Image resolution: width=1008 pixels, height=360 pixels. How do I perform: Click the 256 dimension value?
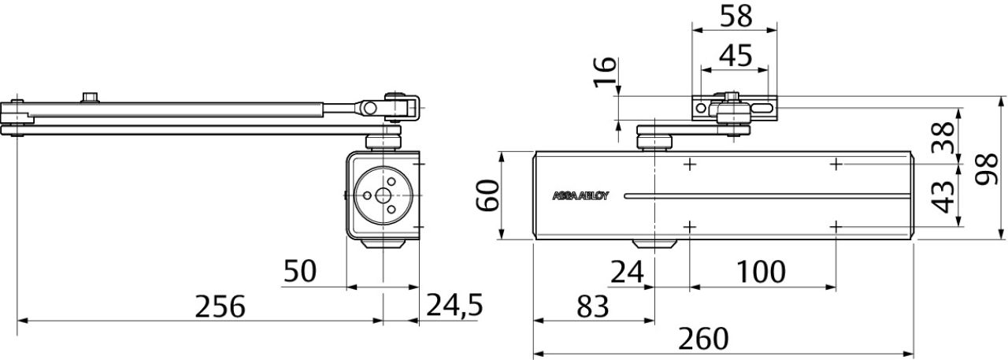click(x=220, y=306)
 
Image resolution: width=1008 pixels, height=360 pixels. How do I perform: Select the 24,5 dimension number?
click(x=454, y=305)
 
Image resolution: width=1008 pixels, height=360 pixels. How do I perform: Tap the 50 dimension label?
click(x=300, y=271)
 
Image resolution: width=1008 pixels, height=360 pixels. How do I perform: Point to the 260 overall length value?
click(x=703, y=339)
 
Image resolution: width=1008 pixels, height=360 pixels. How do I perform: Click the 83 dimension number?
click(x=593, y=306)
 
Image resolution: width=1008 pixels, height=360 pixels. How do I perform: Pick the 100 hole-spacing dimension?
click(x=761, y=272)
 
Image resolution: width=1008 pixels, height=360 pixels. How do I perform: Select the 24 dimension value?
click(x=628, y=272)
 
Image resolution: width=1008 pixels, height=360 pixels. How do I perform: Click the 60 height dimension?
click(x=487, y=195)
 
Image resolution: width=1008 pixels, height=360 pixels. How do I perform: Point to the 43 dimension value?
click(x=943, y=197)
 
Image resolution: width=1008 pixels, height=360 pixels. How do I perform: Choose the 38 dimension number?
click(x=943, y=137)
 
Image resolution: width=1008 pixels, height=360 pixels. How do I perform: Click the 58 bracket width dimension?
click(x=736, y=17)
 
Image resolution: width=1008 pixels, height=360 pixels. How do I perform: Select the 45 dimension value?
click(x=736, y=56)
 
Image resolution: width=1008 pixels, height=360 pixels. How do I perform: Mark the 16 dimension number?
click(x=604, y=72)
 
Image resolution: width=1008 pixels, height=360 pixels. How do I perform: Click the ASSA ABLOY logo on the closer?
click(x=580, y=195)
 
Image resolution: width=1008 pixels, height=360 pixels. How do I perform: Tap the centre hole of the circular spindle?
click(x=383, y=195)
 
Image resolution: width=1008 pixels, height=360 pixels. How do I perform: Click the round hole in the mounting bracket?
click(x=701, y=108)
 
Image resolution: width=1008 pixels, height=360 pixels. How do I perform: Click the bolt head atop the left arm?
click(x=90, y=98)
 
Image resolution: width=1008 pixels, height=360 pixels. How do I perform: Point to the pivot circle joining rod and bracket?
click(x=370, y=108)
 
